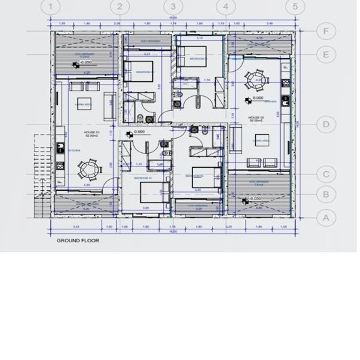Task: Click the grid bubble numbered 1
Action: pyautogui.click(x=49, y=7)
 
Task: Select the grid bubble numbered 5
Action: pyautogui.click(x=294, y=7)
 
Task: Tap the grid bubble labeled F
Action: pyautogui.click(x=326, y=31)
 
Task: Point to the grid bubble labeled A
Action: pyautogui.click(x=326, y=217)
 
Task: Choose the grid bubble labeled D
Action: pyautogui.click(x=326, y=124)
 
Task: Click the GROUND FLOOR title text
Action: pyautogui.click(x=78, y=240)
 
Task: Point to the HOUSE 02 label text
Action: pyautogui.click(x=256, y=118)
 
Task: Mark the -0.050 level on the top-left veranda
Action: pyautogui.click(x=85, y=62)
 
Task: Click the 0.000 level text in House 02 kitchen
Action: pyautogui.click(x=257, y=98)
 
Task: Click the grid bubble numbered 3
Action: pyautogui.click(x=173, y=7)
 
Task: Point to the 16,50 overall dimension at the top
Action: pyautogui.click(x=173, y=18)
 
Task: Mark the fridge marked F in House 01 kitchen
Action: pyautogui.click(x=60, y=181)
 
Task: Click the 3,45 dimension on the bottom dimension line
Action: pyautogui.click(x=76, y=227)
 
